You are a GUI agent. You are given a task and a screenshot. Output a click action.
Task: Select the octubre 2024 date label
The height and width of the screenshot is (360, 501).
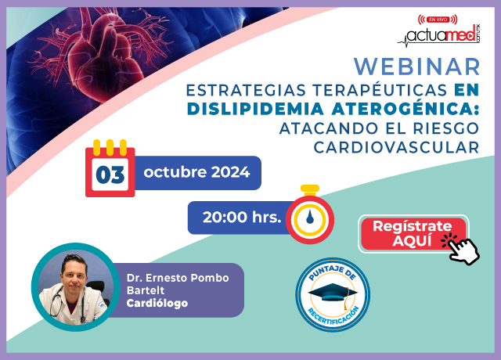(197, 172)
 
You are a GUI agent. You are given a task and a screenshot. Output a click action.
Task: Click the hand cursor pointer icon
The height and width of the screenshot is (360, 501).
(460, 249)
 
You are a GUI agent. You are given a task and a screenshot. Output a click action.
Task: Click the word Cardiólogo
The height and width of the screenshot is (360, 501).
(157, 303)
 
